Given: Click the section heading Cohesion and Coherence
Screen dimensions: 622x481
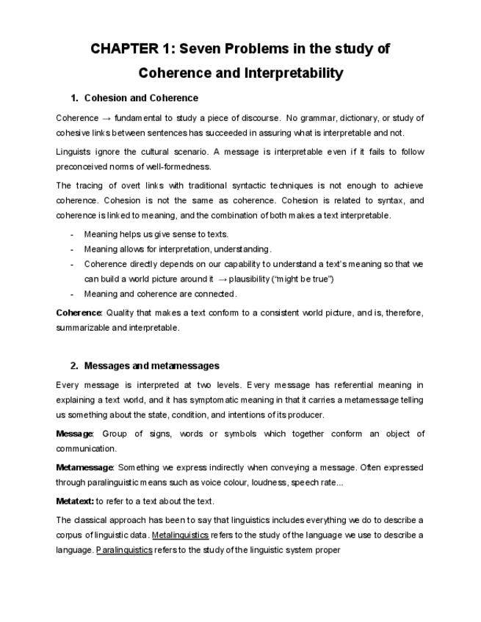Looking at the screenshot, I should pos(141,98).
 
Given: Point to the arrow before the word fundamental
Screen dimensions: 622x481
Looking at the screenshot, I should pos(106,117).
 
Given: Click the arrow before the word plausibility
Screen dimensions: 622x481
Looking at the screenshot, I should pos(223,279).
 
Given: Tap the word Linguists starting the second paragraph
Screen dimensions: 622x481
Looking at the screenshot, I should pos(73,152).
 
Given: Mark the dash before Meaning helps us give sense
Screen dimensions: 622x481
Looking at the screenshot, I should pos(71,235).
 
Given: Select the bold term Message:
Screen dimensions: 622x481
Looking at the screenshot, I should pos(75,433).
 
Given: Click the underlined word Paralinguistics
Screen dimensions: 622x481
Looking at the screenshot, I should pos(124,549).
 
